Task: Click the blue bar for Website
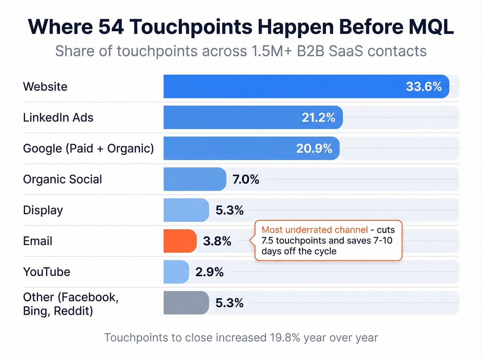[282, 86]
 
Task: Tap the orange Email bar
[180, 241]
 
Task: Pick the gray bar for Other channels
[186, 303]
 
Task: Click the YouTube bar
[176, 272]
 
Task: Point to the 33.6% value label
[423, 86]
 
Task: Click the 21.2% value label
[318, 117]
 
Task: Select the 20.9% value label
[314, 148]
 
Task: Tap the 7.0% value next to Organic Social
[245, 179]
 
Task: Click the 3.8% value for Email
[217, 241]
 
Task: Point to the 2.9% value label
[209, 272]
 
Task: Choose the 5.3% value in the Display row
[229, 210]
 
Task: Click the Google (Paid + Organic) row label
[88, 148]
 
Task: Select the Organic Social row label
[62, 179]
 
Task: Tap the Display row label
[43, 210]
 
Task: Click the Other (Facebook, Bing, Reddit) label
[71, 304]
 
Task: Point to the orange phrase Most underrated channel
[315, 230]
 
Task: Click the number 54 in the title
[111, 27]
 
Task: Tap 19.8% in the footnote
[285, 338]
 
